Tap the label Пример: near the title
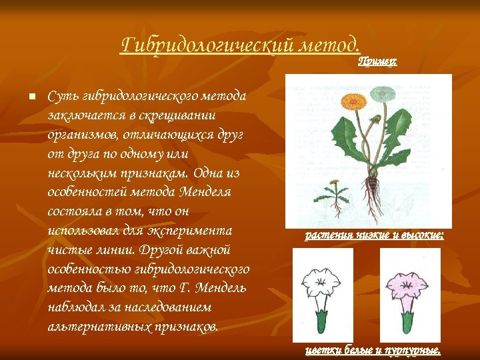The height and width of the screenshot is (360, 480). coord(377,61)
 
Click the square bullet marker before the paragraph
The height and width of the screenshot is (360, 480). coord(31,97)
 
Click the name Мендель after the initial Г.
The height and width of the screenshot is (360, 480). coord(219,288)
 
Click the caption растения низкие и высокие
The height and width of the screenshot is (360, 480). coord(374,235)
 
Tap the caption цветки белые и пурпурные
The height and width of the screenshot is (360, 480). coord(373,350)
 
